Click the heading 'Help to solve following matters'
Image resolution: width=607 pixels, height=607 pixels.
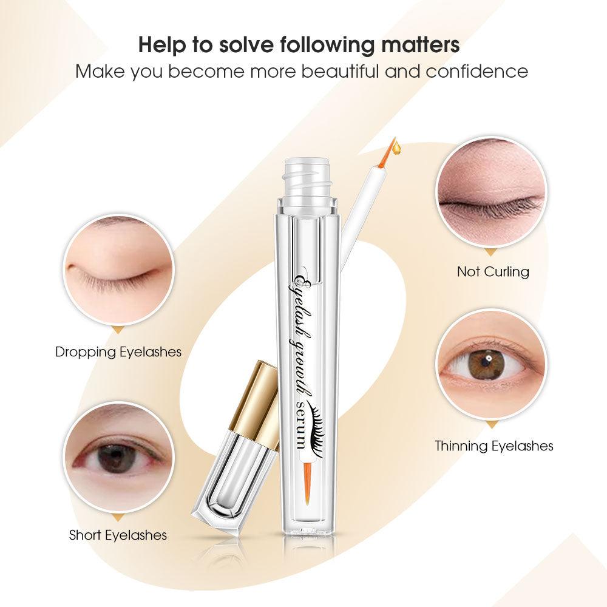click(299, 45)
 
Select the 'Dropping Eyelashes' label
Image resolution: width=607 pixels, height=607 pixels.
click(118, 352)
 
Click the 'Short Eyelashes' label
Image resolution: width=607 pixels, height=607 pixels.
click(118, 535)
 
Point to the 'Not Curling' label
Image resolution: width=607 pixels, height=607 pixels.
click(493, 271)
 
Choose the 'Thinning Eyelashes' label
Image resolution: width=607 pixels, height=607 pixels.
click(494, 446)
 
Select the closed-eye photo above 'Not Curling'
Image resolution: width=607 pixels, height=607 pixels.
click(492, 194)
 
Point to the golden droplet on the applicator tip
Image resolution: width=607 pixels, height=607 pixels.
click(397, 147)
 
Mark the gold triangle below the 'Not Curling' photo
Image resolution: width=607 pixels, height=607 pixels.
click(491, 253)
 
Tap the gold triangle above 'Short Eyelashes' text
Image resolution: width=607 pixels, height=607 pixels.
click(118, 518)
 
